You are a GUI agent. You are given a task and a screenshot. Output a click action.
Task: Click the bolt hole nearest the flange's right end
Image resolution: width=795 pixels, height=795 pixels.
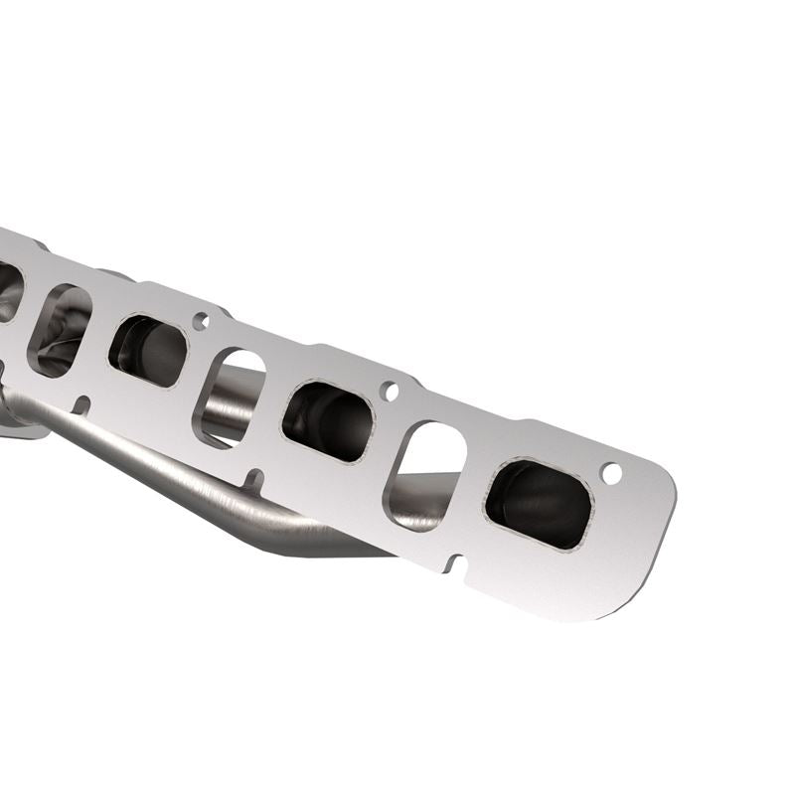[x=612, y=473]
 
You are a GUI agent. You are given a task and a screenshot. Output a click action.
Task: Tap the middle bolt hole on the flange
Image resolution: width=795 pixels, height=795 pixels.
[x=391, y=391]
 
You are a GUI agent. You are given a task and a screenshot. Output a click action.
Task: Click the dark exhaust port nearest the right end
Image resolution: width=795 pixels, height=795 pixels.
[x=541, y=503]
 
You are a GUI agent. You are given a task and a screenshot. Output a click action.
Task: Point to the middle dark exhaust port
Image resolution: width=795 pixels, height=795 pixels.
[x=328, y=420]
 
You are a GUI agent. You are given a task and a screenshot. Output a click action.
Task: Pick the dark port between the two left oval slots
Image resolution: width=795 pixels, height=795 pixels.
[x=147, y=350]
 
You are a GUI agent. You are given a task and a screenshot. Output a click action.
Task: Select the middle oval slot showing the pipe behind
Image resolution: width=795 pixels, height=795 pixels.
[x=233, y=396]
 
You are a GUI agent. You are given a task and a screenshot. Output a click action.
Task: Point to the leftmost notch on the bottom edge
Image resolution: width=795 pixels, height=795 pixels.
[x=83, y=404]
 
